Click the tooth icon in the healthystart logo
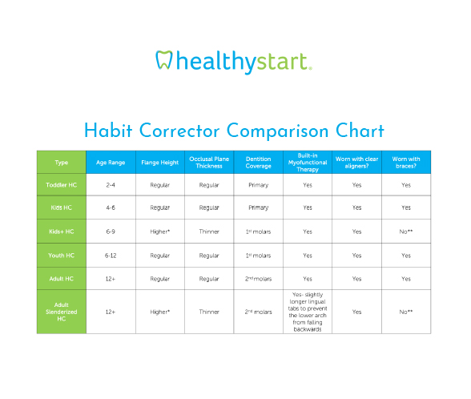click(x=164, y=60)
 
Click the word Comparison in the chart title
click(x=277, y=131)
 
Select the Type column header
click(x=61, y=163)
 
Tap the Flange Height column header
click(x=160, y=163)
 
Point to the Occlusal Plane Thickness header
click(x=209, y=163)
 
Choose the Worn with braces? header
click(x=406, y=163)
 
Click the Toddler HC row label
click(x=61, y=185)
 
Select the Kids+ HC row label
click(x=61, y=232)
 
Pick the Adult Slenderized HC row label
click(x=61, y=312)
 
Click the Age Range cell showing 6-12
click(x=111, y=256)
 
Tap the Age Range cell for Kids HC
click(x=111, y=208)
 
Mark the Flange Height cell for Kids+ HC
click(x=160, y=232)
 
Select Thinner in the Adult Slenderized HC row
click(x=209, y=312)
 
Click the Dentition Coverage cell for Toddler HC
click(x=258, y=185)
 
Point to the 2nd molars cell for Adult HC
click(x=258, y=279)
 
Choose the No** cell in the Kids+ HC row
click(x=406, y=232)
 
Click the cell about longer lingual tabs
click(x=308, y=312)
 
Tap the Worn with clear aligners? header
click(x=357, y=163)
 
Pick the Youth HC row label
click(x=61, y=256)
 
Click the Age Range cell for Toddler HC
click(x=111, y=185)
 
